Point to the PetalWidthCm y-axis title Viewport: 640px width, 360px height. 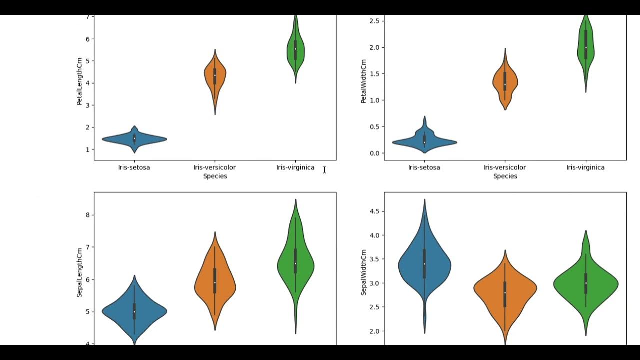364,81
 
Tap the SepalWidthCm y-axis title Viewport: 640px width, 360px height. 364,272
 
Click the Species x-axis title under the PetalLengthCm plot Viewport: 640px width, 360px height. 215,176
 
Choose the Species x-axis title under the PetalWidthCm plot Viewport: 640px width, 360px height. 505,176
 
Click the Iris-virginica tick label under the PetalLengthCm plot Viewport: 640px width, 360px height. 295,168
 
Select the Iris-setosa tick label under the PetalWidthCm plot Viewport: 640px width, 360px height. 424,168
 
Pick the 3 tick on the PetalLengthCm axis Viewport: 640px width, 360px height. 87,105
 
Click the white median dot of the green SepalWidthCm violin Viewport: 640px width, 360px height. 586,283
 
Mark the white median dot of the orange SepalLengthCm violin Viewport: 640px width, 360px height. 215,282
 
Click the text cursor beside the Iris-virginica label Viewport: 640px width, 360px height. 324,170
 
